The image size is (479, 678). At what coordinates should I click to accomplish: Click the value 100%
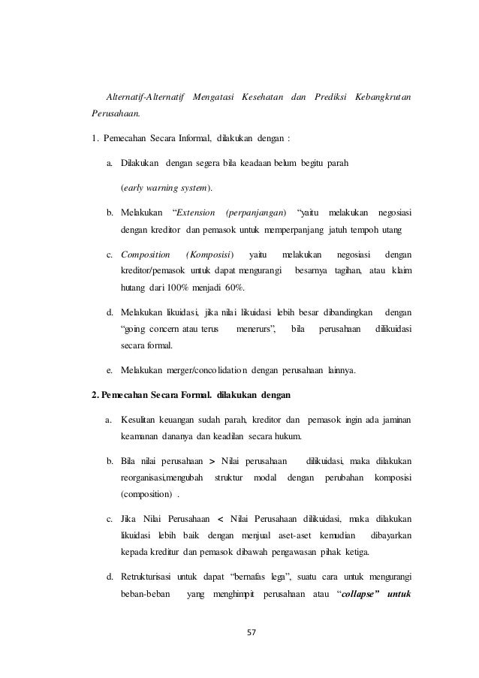point(195,288)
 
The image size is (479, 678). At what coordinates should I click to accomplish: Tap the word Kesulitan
point(144,418)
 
